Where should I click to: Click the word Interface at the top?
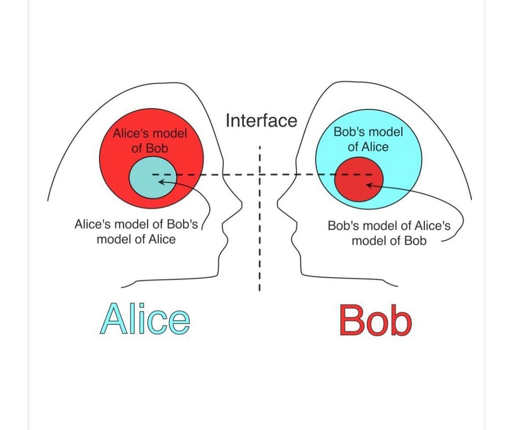[x=261, y=120]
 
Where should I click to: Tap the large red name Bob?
[x=375, y=321]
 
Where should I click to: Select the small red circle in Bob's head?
[x=359, y=179]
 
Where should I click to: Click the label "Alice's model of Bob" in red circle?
[x=150, y=140]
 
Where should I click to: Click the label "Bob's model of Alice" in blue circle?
[x=368, y=139]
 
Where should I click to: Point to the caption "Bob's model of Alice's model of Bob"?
[x=389, y=233]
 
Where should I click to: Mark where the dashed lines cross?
[x=260, y=175]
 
